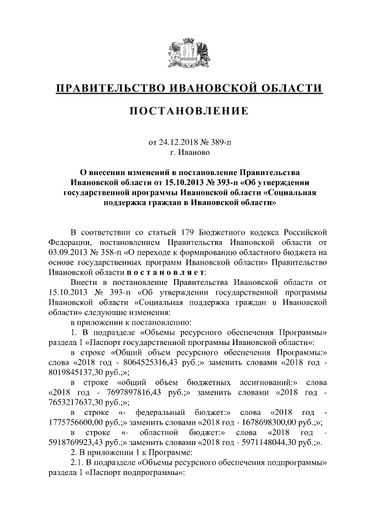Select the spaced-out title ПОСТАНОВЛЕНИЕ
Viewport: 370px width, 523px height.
(x=184, y=110)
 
